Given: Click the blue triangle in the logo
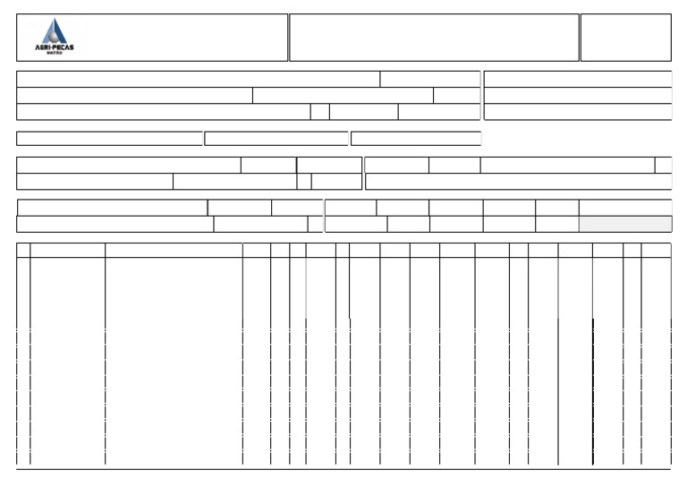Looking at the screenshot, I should point(55,30).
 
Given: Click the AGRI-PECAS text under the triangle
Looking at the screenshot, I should point(55,47).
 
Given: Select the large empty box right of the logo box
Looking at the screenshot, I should point(434,38).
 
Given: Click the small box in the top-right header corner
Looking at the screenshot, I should point(625,38).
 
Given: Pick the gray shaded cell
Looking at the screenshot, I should point(624,224).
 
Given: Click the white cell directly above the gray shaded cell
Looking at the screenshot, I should point(624,207).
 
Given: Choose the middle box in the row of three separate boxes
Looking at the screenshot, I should point(276,139).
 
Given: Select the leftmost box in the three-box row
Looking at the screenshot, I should point(109,139).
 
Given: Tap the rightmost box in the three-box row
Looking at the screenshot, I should point(416,139).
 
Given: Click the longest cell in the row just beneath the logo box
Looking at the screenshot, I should point(198,79).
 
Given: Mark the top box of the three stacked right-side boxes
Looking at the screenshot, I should point(577,79).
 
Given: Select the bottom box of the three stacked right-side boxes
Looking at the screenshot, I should point(577,112).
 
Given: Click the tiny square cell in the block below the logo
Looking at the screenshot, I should point(319,112).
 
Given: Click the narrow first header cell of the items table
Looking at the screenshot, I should point(23,251).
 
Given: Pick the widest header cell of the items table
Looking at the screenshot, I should point(174,251).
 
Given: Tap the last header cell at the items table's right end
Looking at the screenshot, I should point(656,251).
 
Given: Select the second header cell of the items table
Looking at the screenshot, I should point(67,251).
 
